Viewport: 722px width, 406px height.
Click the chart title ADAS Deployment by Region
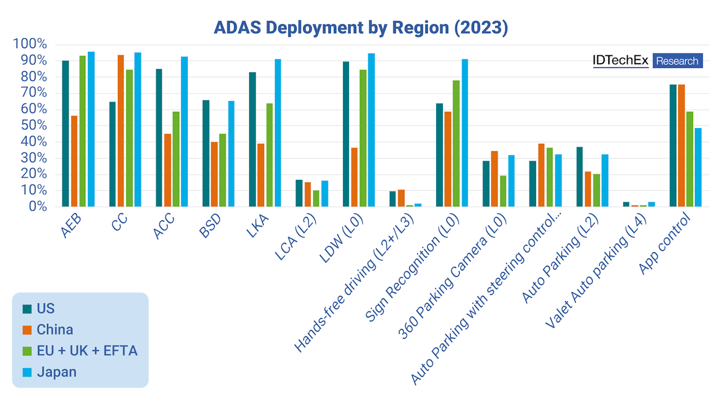click(x=361, y=28)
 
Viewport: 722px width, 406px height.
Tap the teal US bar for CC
click(x=112, y=154)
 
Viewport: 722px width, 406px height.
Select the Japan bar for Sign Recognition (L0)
click(x=465, y=132)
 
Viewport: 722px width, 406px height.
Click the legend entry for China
click(x=55, y=330)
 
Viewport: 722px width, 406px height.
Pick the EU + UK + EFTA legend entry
click(x=87, y=351)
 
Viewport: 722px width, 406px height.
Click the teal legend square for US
click(x=27, y=309)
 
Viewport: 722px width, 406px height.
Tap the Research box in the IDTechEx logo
click(x=677, y=61)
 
